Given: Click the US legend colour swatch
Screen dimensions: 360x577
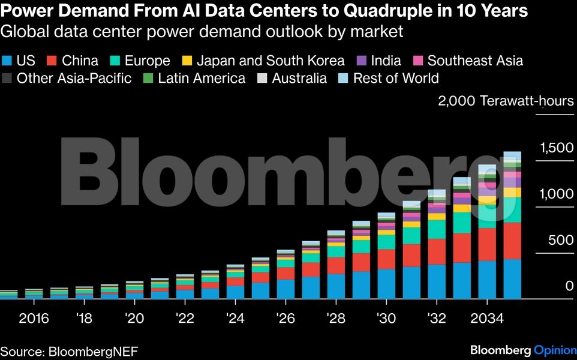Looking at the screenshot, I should (7, 61).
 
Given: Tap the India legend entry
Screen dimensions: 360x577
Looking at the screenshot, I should (378, 61).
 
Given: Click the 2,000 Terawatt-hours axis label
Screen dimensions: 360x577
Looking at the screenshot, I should (506, 101).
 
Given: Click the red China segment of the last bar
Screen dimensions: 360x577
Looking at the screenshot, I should (512, 241).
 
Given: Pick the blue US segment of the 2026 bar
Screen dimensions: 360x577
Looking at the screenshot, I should (286, 289).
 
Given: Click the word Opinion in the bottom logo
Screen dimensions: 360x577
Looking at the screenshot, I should (555, 350).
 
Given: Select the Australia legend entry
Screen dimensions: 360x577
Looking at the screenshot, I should (299, 79).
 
